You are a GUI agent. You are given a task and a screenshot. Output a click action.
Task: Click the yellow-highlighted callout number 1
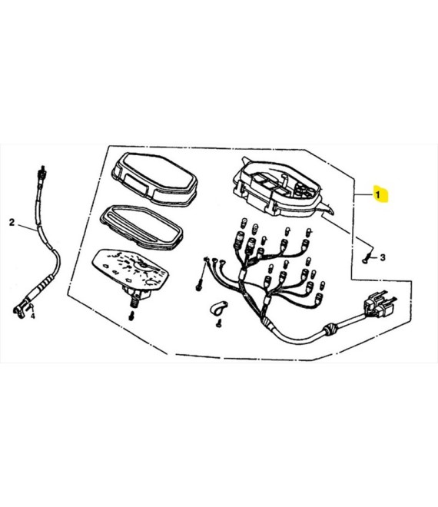[x=377, y=194]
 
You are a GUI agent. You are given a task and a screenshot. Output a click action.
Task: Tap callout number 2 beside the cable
[x=12, y=223]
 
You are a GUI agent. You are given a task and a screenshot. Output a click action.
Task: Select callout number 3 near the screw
[x=383, y=257]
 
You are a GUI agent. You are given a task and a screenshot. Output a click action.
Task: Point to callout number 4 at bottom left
[x=33, y=316]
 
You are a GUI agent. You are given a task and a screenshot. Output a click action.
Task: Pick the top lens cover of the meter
[x=154, y=180]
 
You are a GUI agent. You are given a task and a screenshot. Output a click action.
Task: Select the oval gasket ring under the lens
[x=141, y=227]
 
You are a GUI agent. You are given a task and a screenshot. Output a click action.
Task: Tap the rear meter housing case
[x=282, y=188]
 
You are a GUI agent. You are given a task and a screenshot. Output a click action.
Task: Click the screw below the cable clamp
[x=219, y=323]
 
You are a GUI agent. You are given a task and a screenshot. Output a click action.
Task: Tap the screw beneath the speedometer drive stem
[x=131, y=316]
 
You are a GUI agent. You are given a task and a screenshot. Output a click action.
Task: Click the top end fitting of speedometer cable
[x=41, y=174]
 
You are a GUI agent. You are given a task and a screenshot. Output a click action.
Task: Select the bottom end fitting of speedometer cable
[x=20, y=310]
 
